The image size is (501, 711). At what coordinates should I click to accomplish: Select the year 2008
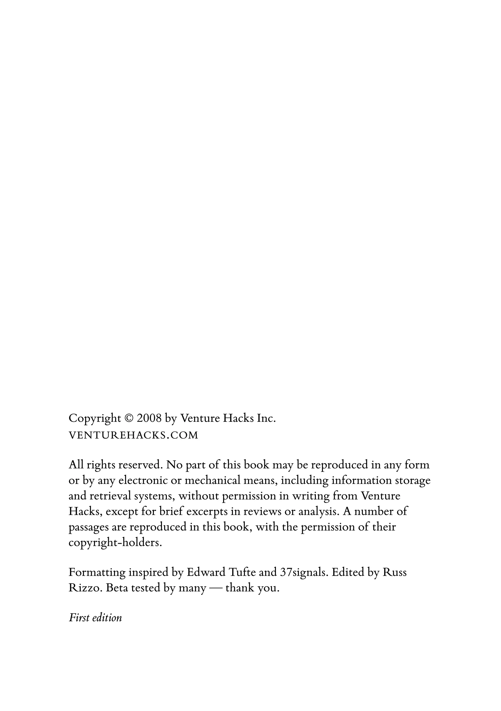tap(149, 418)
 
